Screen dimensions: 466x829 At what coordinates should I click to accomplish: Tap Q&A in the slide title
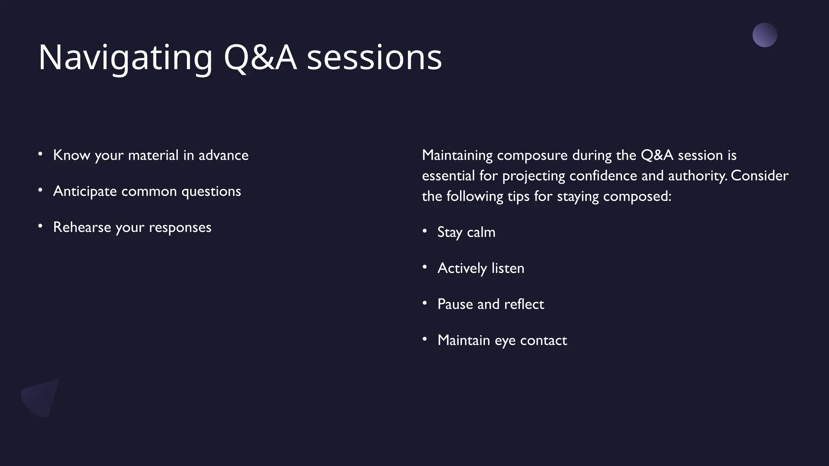click(260, 58)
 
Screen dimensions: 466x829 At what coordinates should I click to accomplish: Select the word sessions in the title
click(374, 58)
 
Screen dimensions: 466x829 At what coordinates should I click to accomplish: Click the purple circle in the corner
click(765, 35)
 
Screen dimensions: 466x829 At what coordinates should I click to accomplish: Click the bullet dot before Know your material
click(40, 154)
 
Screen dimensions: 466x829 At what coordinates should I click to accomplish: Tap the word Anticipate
click(85, 191)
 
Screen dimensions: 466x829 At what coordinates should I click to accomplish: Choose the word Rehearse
click(82, 227)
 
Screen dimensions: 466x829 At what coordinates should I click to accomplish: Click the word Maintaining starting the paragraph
click(457, 155)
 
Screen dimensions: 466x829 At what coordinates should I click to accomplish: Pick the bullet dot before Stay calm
click(425, 231)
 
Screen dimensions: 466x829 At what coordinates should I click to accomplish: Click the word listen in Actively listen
click(508, 269)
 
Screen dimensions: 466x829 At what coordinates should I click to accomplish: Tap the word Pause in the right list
click(455, 304)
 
